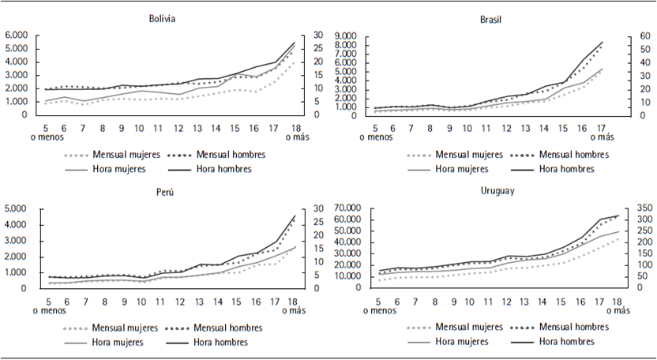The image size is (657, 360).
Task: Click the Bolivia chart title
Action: (163, 19)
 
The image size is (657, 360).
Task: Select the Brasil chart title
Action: (490, 19)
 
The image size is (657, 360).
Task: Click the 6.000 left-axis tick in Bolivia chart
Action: (17, 36)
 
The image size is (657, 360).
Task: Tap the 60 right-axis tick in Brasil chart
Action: (623, 36)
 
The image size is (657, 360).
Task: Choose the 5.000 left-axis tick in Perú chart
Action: (17, 209)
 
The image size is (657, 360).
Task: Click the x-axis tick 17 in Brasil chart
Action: (602, 128)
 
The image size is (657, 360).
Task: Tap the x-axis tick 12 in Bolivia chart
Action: (179, 128)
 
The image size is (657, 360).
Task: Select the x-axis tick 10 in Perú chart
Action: (141, 301)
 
